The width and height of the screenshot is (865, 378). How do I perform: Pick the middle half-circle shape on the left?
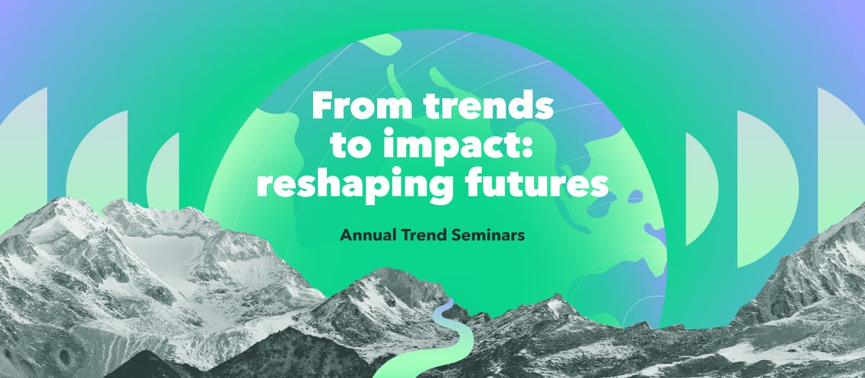99,159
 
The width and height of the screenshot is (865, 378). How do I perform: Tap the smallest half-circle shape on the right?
701,189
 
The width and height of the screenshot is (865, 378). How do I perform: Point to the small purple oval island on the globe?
635,197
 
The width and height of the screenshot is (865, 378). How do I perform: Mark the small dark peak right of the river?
556,296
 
